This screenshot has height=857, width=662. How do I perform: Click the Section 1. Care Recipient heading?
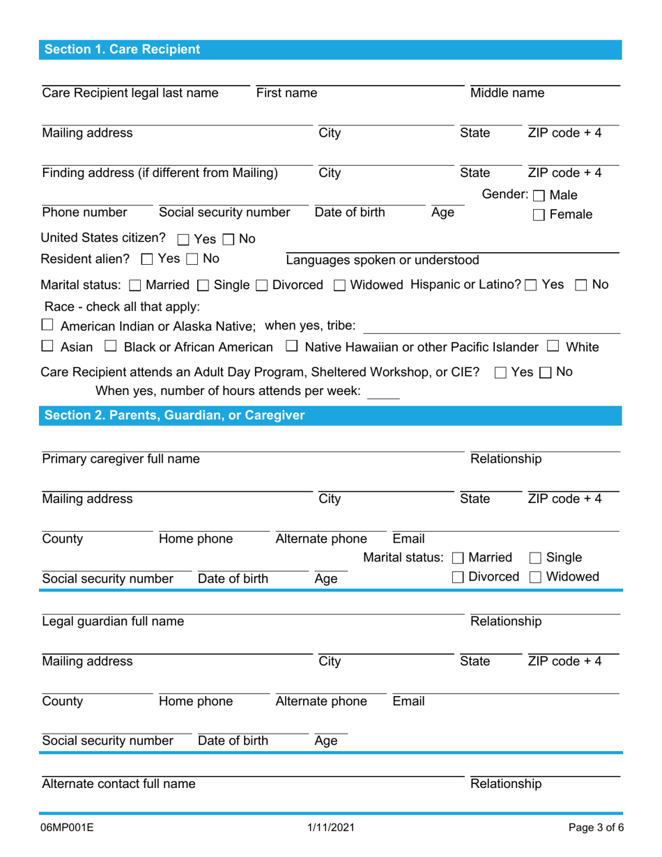(122, 49)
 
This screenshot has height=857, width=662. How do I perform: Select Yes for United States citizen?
(183, 240)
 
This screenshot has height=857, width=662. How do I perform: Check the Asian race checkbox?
(47, 346)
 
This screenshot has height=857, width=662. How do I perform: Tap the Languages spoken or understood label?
(383, 261)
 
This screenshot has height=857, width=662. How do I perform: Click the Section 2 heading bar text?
(174, 415)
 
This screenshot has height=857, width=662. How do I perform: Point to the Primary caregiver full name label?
(121, 459)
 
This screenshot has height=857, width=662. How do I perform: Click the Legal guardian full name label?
(113, 621)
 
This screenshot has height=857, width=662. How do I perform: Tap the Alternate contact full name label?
(118, 784)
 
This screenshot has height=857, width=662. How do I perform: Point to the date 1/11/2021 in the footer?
(331, 828)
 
